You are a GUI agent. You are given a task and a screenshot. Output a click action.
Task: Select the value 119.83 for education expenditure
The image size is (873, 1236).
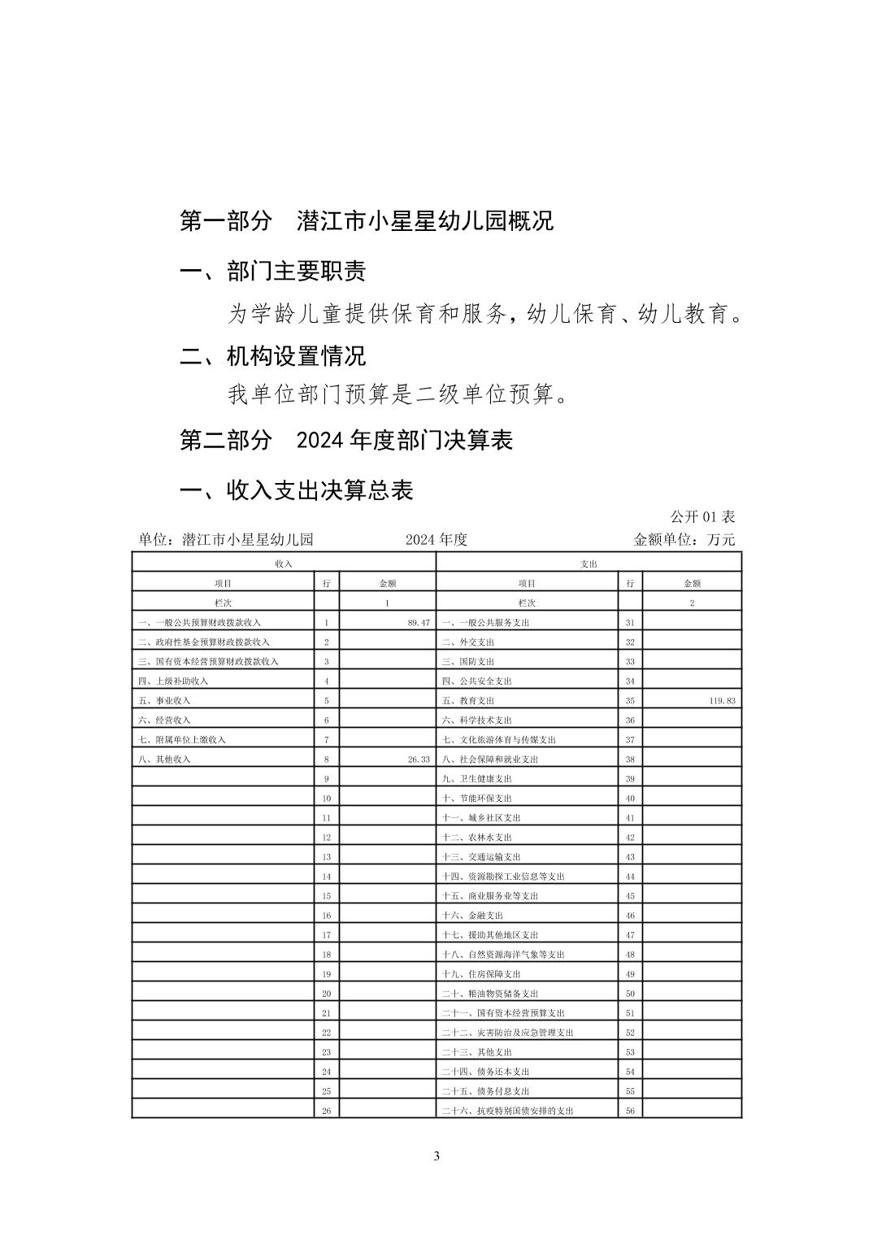722,701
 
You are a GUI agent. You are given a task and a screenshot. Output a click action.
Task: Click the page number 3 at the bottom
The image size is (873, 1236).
436,1156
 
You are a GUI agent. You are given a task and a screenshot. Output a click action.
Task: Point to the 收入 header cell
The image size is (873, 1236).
284,564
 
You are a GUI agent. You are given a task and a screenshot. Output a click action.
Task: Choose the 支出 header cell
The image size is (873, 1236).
589,564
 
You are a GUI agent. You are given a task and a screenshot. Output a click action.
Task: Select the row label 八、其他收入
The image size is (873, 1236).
164,759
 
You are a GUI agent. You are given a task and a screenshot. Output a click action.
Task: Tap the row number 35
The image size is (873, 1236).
630,701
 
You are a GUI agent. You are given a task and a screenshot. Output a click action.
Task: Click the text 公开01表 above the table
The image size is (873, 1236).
702,517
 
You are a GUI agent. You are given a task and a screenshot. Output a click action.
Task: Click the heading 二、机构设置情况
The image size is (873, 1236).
272,355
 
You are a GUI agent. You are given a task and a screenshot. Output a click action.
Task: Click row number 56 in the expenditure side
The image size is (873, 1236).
630,1111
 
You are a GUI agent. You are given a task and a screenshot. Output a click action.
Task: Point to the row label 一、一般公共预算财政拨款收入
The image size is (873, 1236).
199,623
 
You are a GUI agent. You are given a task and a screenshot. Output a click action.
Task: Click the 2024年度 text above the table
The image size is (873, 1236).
436,540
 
